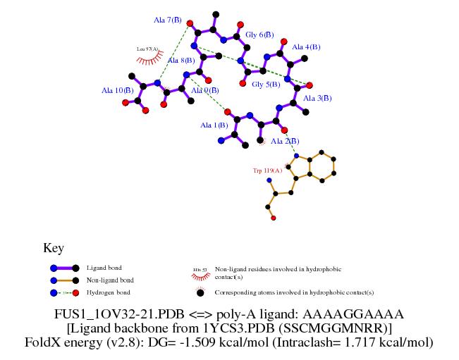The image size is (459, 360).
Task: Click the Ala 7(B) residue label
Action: pyautogui.click(x=167, y=19)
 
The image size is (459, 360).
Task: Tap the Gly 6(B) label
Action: pyautogui.click(x=259, y=35)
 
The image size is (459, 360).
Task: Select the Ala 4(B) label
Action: pyautogui.click(x=306, y=46)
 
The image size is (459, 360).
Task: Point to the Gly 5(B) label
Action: pyautogui.click(x=266, y=85)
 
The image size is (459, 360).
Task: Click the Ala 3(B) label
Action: pyautogui.click(x=317, y=98)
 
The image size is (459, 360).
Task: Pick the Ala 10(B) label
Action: pyautogui.click(x=117, y=90)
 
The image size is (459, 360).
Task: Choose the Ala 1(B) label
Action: pyautogui.click(x=214, y=125)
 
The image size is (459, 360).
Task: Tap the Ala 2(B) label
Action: pyautogui.click(x=285, y=141)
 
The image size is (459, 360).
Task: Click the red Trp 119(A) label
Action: pyautogui.click(x=267, y=170)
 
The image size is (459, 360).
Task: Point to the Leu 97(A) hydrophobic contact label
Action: pyautogui.click(x=148, y=49)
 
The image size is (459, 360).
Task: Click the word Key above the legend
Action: pyautogui.click(x=54, y=248)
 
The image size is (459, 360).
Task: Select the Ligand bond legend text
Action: pyautogui.click(x=104, y=268)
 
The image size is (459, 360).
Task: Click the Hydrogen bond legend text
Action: pyautogui.click(x=108, y=292)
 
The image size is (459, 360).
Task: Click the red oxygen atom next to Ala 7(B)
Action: pyautogui.click(x=190, y=23)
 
